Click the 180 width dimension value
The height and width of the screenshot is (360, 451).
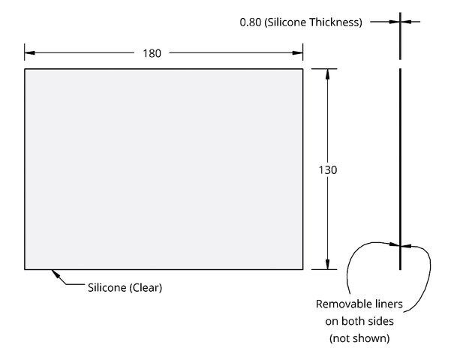(152, 53)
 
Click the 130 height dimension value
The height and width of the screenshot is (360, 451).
(328, 170)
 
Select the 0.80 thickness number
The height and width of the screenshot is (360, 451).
(251, 22)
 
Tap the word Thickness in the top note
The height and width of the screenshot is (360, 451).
(335, 22)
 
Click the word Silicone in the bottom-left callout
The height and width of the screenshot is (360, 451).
(107, 287)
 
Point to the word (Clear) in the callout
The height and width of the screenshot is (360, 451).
(146, 287)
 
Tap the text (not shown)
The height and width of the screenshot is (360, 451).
(359, 338)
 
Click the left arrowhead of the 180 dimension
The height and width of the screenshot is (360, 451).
(30, 53)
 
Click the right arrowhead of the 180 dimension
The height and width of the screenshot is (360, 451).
(298, 53)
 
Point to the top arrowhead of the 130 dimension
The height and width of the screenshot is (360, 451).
(327, 74)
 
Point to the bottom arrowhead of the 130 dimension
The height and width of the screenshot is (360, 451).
(327, 264)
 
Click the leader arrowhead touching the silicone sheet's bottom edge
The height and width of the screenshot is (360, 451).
(56, 274)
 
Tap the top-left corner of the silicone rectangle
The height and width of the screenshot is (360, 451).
(25, 69)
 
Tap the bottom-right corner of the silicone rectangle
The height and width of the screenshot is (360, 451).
(303, 269)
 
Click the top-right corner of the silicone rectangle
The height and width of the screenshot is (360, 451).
(303, 69)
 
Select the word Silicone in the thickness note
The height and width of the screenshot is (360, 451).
(285, 22)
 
